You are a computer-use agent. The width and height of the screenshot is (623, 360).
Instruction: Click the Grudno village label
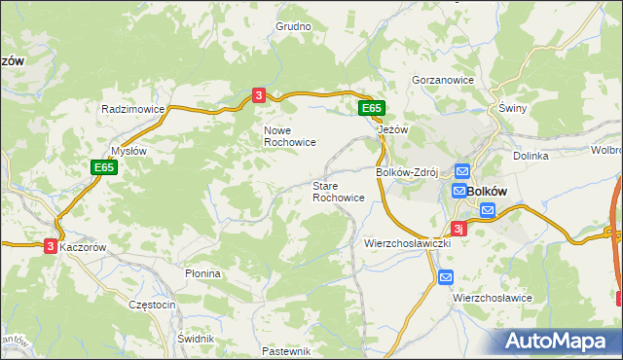click(x=293, y=26)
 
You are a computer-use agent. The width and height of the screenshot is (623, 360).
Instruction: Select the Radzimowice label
click(x=132, y=110)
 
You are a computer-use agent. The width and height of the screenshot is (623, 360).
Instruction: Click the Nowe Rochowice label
click(x=289, y=135)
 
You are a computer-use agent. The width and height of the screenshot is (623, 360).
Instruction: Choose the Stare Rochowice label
click(x=339, y=191)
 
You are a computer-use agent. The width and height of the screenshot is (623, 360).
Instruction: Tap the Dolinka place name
click(x=531, y=156)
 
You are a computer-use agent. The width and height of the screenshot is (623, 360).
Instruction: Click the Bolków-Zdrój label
click(x=409, y=172)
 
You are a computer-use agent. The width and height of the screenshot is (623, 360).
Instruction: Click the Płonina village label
click(x=203, y=273)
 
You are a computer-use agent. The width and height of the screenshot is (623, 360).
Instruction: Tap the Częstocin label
click(x=152, y=305)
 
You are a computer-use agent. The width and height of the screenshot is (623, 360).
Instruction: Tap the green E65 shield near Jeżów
click(x=371, y=109)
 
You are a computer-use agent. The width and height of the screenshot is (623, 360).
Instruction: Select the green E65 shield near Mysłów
click(x=105, y=167)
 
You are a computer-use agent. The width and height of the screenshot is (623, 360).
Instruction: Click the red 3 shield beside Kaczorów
click(x=50, y=247)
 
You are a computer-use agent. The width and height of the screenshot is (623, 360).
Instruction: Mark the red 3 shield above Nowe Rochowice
click(x=258, y=94)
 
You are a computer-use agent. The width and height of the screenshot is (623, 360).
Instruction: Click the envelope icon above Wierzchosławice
click(x=445, y=277)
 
